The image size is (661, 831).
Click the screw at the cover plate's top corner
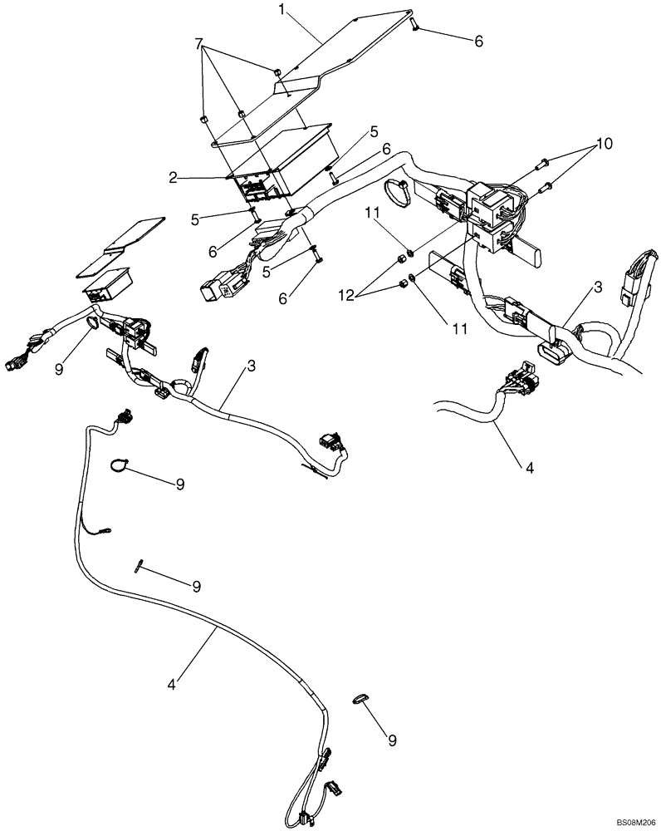[414, 27]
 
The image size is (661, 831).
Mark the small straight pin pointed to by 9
[140, 564]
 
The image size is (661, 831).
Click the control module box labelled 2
[291, 166]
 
